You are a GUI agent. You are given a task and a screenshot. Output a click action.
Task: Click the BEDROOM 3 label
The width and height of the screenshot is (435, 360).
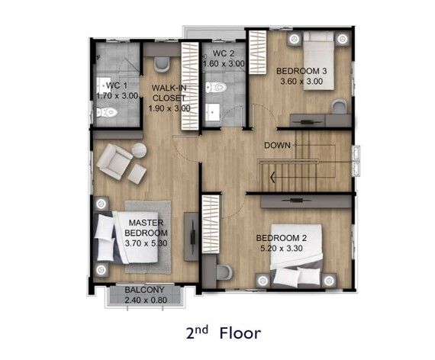(x=301, y=71)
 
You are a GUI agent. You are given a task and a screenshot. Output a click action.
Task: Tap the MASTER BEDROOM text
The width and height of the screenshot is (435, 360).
(x=146, y=228)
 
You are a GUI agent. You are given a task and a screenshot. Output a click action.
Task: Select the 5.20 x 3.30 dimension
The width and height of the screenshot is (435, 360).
(x=282, y=248)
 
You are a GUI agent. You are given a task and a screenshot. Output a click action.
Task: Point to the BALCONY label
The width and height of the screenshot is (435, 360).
(x=144, y=290)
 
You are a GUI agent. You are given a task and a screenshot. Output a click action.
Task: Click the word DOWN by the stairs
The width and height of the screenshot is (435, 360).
(x=277, y=146)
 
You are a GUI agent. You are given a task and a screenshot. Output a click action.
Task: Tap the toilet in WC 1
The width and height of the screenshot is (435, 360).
(x=107, y=112)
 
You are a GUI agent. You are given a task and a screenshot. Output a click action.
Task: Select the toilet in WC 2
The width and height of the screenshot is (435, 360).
(x=216, y=88)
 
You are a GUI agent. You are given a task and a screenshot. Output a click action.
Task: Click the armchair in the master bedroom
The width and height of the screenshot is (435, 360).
(x=114, y=162)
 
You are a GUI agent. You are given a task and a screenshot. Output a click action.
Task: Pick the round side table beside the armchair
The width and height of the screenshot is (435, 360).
(x=139, y=150)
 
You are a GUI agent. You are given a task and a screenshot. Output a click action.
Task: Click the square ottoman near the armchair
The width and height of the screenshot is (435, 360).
(x=137, y=174)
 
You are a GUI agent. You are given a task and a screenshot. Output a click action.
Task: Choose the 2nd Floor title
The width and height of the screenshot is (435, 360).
(x=224, y=333)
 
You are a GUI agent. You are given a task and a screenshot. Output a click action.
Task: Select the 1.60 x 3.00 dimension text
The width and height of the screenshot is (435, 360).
(x=224, y=64)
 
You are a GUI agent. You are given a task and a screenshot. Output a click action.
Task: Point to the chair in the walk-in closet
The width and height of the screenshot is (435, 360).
(x=162, y=65)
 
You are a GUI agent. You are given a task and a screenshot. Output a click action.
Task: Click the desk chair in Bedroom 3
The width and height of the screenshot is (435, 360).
(x=340, y=106)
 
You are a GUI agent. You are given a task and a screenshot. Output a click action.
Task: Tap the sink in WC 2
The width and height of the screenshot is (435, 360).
(x=212, y=112)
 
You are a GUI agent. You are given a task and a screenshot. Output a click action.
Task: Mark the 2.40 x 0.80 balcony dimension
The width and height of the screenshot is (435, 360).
(x=146, y=300)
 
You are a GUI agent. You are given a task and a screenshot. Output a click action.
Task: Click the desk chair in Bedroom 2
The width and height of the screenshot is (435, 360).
(x=224, y=272)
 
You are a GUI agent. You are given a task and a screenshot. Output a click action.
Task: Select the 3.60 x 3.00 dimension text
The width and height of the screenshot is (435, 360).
(x=301, y=82)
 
